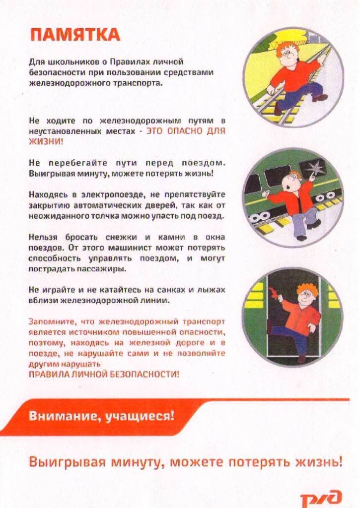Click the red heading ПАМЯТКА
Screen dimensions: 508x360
[75, 35]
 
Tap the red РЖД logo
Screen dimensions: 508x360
[321, 497]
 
